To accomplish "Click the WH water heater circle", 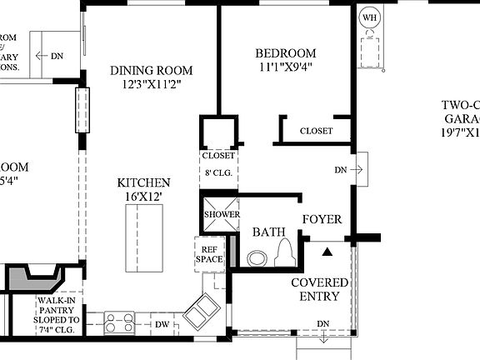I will click(368, 16).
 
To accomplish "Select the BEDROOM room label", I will click(286, 53).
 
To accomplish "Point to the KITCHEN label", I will click(144, 183).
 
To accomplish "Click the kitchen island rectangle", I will click(143, 237).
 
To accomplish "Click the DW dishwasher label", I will click(162, 324).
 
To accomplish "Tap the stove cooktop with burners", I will click(120, 323).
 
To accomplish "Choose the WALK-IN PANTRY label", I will click(57, 313).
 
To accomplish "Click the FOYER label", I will click(322, 219).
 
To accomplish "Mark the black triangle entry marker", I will click(327, 250).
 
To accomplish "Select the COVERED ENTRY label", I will click(320, 289).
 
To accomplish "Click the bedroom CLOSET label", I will click(316, 131).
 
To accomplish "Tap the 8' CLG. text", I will click(217, 173).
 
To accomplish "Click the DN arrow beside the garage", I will click(349, 169).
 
